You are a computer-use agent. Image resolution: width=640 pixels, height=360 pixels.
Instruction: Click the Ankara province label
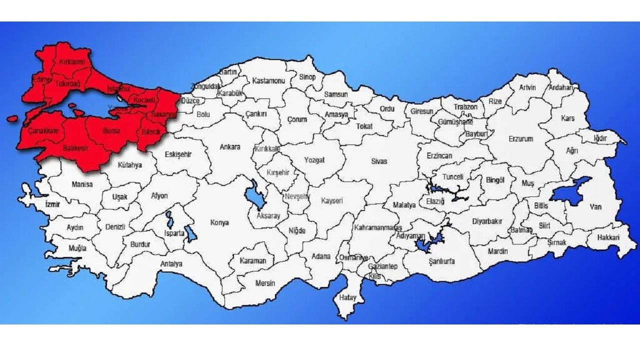[230, 147]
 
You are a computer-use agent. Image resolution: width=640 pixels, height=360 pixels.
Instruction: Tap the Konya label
[219, 222]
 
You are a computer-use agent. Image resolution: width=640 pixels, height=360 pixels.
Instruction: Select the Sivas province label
[379, 161]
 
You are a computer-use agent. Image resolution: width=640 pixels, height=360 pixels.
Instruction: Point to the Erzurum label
[520, 139]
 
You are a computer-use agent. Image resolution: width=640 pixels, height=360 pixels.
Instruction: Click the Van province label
[595, 206]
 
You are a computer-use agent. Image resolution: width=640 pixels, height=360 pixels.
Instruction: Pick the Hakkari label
[608, 237]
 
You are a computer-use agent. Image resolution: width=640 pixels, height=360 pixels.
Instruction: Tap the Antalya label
[171, 263]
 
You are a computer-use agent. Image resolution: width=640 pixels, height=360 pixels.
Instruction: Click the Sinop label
[307, 77]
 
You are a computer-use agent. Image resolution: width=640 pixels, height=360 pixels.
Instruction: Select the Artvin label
[527, 87]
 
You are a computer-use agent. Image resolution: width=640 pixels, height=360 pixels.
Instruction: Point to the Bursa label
[110, 131]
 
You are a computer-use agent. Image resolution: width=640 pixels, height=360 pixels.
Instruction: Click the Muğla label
[77, 248]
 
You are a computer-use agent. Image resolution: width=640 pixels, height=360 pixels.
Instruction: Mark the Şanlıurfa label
[438, 261]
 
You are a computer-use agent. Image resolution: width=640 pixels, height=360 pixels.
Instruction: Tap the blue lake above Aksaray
[256, 195]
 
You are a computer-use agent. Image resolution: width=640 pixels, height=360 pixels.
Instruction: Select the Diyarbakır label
[487, 221]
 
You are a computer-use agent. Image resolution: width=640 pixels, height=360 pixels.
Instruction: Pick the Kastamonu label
[268, 80]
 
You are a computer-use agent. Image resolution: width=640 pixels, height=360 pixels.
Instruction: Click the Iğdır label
[600, 138]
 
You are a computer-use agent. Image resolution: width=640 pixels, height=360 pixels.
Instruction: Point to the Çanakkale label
[43, 130]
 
